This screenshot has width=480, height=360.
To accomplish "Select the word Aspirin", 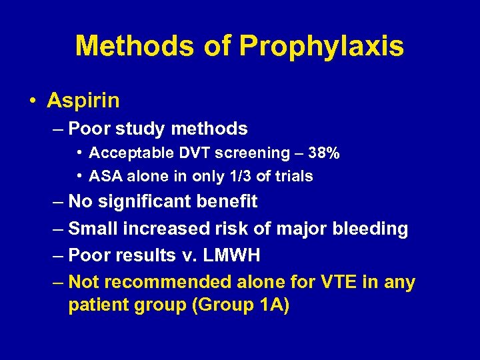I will (83, 101).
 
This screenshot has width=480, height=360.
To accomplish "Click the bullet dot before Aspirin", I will (33, 101).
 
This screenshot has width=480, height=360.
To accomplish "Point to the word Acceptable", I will (122, 153).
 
